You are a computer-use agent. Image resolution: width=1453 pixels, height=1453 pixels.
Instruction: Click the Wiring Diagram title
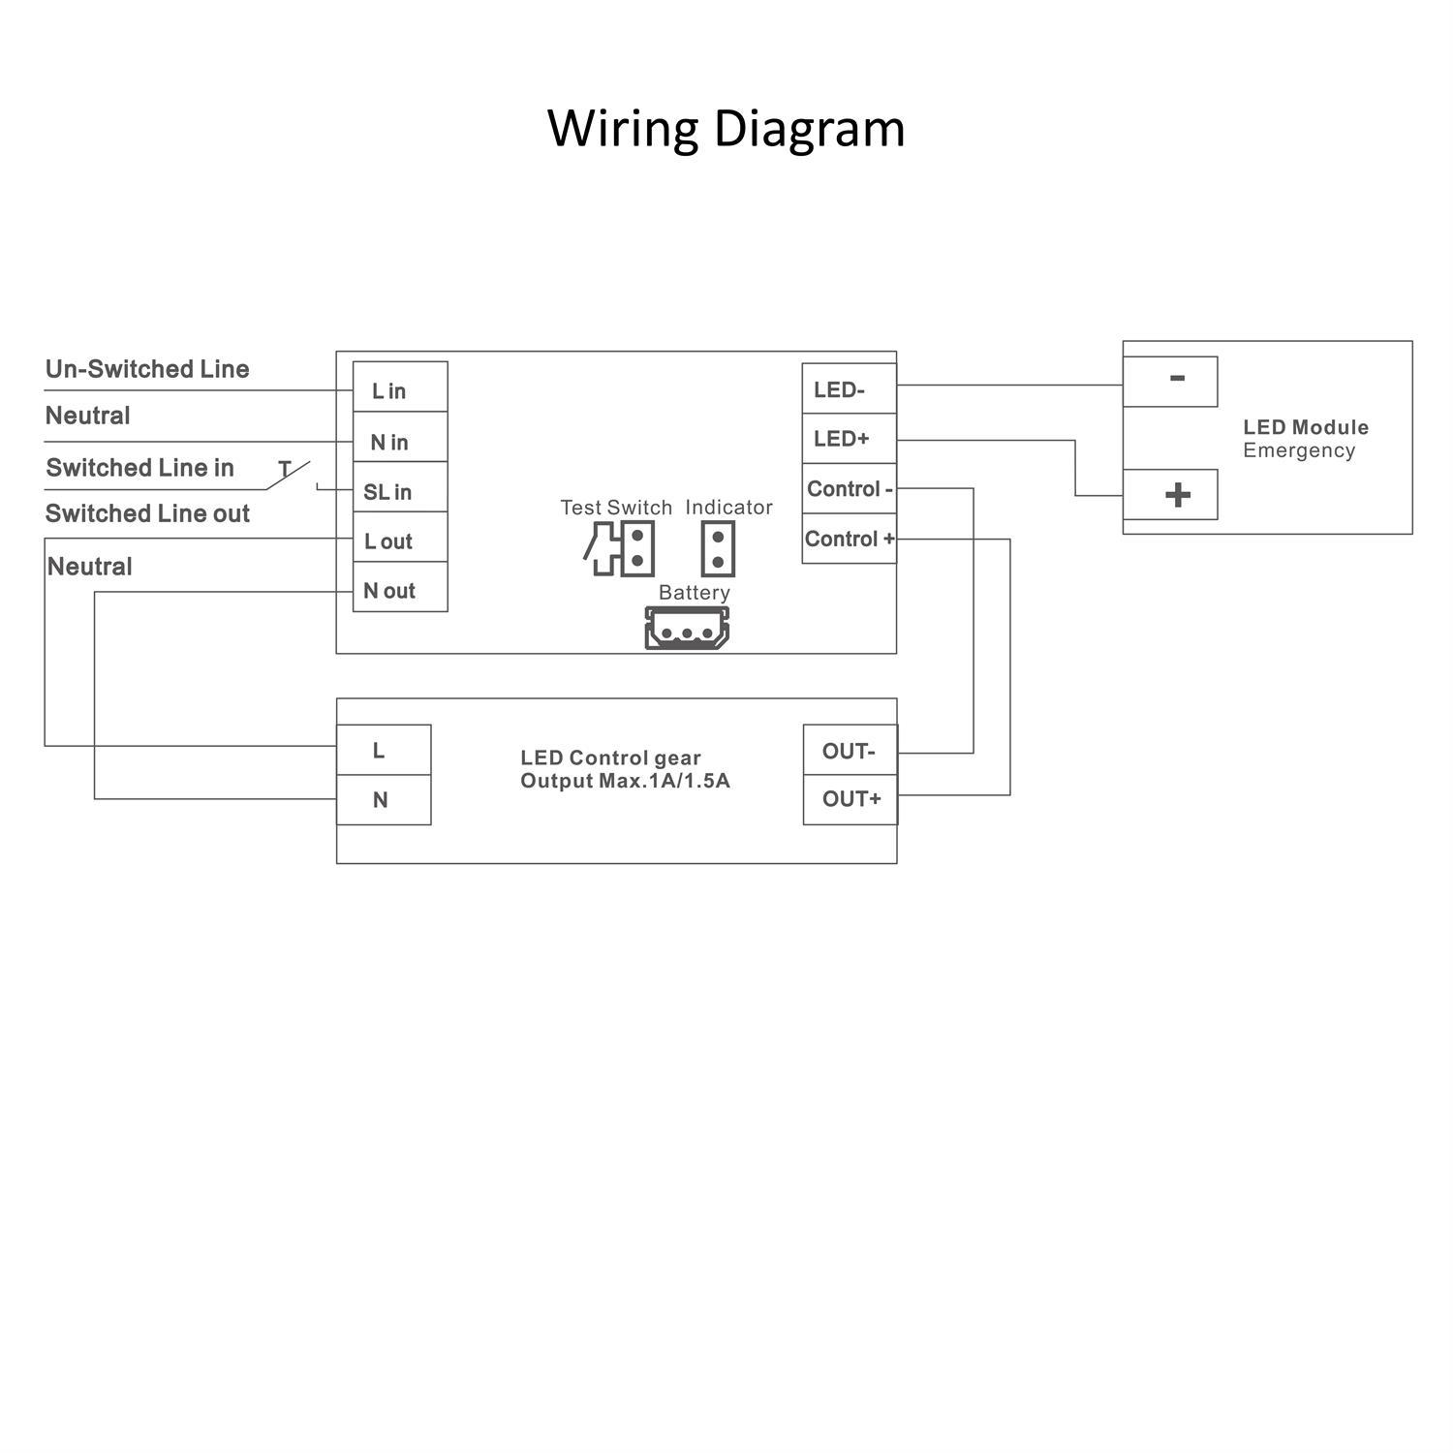coord(726,128)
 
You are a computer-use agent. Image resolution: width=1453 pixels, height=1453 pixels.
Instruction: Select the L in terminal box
coord(399,387)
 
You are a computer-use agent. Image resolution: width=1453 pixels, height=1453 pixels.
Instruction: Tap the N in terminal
coord(399,438)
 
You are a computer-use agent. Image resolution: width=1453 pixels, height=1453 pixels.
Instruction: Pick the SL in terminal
coord(399,488)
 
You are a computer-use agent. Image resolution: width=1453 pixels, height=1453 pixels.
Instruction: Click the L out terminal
coord(399,538)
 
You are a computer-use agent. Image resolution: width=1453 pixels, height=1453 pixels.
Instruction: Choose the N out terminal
coord(399,587)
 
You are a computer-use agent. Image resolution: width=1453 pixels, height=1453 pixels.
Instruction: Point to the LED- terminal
coord(849,389)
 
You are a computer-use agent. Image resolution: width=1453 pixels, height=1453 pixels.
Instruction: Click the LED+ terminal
coord(849,439)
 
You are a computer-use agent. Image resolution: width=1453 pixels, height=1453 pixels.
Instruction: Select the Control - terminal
coord(849,489)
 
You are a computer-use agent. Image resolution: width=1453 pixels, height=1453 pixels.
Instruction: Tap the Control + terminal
coord(849,539)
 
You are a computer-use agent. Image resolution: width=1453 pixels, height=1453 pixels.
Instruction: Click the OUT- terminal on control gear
coord(850,751)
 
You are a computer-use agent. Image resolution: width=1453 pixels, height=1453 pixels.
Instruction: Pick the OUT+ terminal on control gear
coord(850,799)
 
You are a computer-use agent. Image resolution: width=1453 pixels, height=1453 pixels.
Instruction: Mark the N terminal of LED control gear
coord(384,800)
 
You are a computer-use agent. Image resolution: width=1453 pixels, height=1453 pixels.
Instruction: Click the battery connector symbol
coord(687,628)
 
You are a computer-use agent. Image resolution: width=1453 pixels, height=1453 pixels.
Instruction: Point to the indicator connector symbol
coord(718,549)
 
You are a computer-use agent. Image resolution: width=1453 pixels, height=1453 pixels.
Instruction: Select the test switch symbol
coord(621,549)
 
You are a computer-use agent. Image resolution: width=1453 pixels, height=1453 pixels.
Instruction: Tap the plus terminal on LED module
coord(1170,495)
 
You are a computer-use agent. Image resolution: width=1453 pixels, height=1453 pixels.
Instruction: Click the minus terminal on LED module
coord(1170,381)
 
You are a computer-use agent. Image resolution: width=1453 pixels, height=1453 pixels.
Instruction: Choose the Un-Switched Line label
coord(147,369)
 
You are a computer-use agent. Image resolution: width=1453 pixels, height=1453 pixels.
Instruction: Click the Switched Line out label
coord(147,513)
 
